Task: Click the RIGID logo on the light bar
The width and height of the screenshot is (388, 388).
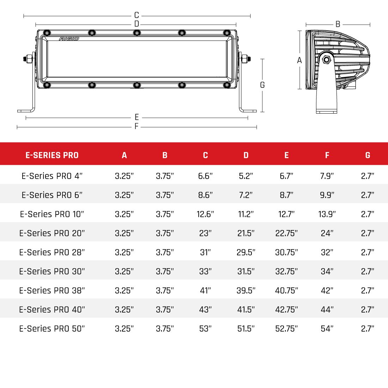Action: [x=69, y=38]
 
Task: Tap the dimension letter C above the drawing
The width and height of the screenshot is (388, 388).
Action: [x=137, y=16]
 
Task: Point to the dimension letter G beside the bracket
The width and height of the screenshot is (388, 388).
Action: [x=262, y=85]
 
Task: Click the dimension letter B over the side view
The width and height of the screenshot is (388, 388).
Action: [x=338, y=24]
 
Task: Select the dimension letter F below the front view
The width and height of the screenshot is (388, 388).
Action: [x=137, y=127]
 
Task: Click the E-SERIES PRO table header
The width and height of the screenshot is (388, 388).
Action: [x=52, y=155]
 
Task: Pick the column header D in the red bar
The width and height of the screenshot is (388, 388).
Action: [x=246, y=155]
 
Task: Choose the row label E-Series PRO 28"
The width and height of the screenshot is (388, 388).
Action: [x=52, y=253]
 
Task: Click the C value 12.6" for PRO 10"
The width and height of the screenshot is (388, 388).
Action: [x=205, y=214]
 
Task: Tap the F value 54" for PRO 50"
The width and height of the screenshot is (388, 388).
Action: [x=327, y=329]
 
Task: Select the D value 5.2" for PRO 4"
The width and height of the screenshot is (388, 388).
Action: [x=246, y=176]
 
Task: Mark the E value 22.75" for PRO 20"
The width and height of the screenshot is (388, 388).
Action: [x=286, y=234]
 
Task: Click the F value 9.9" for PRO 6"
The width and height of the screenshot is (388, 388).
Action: [x=327, y=195]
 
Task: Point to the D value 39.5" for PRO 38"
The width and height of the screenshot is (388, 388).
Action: [x=246, y=291]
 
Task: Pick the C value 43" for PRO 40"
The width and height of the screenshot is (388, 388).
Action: [x=205, y=310]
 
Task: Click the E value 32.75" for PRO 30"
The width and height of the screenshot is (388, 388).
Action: [x=286, y=272]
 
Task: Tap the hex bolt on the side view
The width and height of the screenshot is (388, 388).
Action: [x=326, y=59]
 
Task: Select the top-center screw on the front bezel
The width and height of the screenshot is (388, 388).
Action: [x=137, y=33]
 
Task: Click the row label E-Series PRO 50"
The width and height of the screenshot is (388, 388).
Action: [x=52, y=329]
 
